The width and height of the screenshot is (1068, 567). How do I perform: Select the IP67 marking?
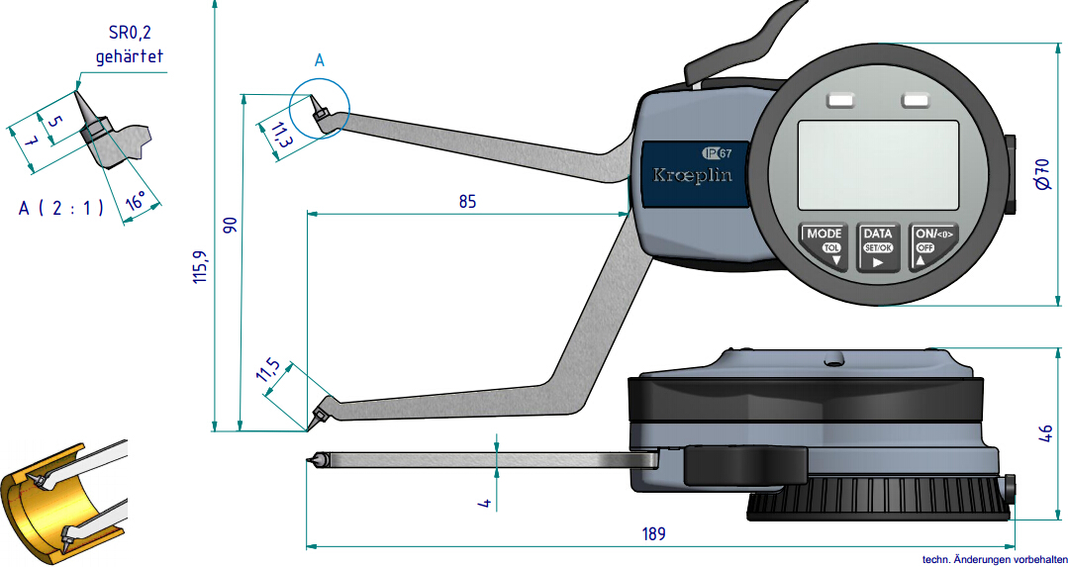pyautogui.click(x=718, y=152)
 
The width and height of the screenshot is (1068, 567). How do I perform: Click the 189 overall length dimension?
pyautogui.click(x=653, y=533)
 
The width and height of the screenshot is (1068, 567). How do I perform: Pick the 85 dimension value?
pyautogui.click(x=467, y=201)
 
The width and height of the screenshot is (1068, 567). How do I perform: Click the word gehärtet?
pyautogui.click(x=129, y=56)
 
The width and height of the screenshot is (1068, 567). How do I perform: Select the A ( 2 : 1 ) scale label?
pyautogui.click(x=61, y=208)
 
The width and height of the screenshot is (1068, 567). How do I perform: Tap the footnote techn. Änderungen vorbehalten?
pyautogui.click(x=994, y=559)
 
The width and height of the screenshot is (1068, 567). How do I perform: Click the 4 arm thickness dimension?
pyautogui.click(x=485, y=503)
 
